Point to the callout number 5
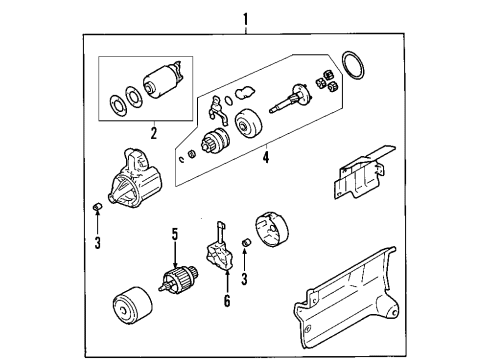[173, 235]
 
